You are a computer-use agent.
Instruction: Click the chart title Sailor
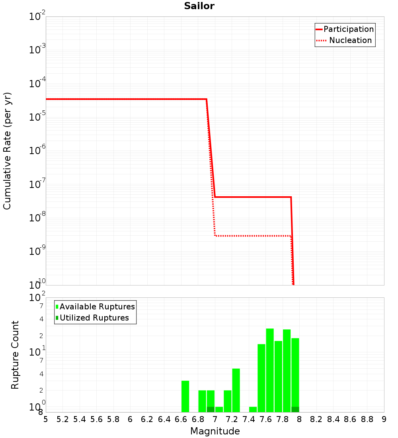[199, 6]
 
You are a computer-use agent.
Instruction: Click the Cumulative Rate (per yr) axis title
[7, 151]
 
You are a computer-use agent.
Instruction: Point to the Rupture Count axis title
[15, 355]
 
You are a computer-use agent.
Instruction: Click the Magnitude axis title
[215, 431]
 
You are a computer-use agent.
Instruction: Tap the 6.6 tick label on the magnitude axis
[181, 420]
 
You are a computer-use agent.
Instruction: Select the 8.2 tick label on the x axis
[316, 420]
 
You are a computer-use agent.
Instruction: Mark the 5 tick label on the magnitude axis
[46, 420]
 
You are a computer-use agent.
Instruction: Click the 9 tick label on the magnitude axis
[384, 420]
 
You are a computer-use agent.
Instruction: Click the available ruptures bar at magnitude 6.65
[185, 397]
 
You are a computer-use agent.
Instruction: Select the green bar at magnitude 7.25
[236, 390]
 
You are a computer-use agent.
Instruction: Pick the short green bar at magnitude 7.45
[253, 409]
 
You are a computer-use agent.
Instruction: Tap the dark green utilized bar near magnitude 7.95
[295, 409]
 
